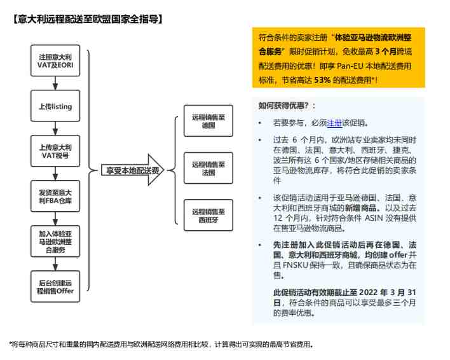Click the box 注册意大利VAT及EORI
coord(55,60)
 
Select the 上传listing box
coord(55,106)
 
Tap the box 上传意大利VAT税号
coord(55,151)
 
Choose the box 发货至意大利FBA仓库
coord(55,196)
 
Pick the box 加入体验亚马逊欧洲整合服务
coord(55,242)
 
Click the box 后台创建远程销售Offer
coord(55,286)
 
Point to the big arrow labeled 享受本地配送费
coord(132,170)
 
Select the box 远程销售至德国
coord(208,121)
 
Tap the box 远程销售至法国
coord(208,168)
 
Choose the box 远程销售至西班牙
coord(208,216)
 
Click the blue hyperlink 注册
coord(334,123)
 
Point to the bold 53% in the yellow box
coord(323,80)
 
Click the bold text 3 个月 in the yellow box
coord(386,52)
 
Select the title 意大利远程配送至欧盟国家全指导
coord(88,19)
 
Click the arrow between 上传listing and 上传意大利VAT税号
coord(55,128)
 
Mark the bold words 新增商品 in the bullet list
coord(360,208)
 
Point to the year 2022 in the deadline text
coord(369,293)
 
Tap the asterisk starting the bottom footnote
coord(11,343)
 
